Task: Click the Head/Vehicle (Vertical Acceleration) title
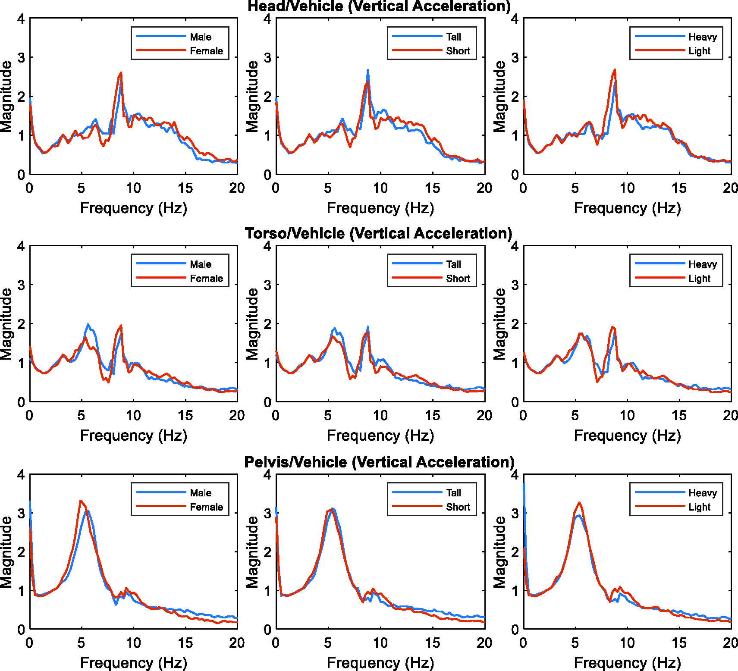[x=379, y=6]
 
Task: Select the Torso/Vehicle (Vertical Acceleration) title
[x=379, y=233]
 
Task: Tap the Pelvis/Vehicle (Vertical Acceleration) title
[x=379, y=462]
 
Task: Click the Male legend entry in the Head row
[x=201, y=37]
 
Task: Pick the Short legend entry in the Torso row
[x=458, y=279]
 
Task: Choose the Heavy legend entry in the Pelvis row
[x=702, y=493]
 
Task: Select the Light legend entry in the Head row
[x=699, y=51]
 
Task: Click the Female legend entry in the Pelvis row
[x=206, y=507]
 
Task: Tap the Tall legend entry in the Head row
[x=453, y=37]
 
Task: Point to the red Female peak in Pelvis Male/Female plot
[x=81, y=501]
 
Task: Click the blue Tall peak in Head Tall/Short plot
[x=368, y=70]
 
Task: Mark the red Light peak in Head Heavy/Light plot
[x=615, y=69]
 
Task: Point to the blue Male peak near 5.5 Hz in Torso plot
[x=88, y=324]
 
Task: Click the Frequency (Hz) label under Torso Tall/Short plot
[x=380, y=436]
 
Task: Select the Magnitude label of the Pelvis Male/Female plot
[x=6, y=552]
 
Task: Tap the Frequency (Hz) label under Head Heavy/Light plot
[x=627, y=208]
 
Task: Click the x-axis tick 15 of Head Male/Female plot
[x=185, y=188]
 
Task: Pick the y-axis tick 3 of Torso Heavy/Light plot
[x=515, y=285]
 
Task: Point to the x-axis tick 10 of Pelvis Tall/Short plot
[x=380, y=643]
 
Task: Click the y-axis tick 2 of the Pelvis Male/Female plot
[x=21, y=552]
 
